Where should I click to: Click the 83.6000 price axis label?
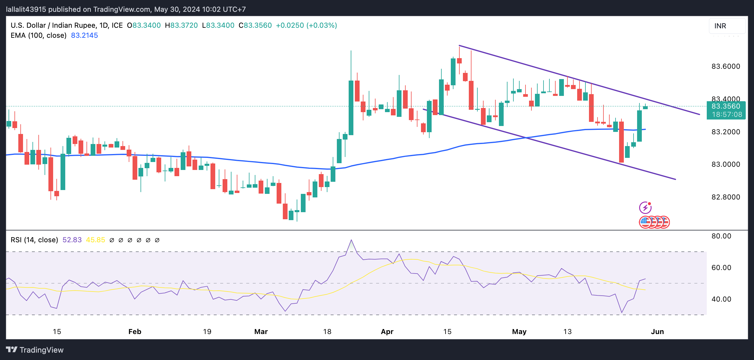tap(725, 66)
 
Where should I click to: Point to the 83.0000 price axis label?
tap(725, 164)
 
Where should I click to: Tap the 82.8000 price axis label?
tap(725, 197)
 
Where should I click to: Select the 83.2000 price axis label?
tap(725, 132)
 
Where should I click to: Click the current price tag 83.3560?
tap(726, 107)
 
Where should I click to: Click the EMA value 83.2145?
tap(84, 35)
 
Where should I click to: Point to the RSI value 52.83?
tap(72, 240)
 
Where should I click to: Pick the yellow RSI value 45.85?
tap(95, 240)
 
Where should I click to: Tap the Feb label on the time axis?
tap(135, 332)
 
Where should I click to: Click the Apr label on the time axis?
tap(387, 332)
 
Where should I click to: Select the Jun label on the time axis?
tap(657, 332)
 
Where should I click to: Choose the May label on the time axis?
tap(519, 332)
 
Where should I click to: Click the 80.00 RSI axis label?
tap(721, 236)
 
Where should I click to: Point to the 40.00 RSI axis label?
tap(721, 299)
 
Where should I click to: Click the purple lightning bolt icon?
tap(645, 208)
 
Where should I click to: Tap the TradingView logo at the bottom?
tap(35, 350)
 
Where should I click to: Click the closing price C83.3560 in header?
tap(255, 25)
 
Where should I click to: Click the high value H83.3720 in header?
tap(181, 25)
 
